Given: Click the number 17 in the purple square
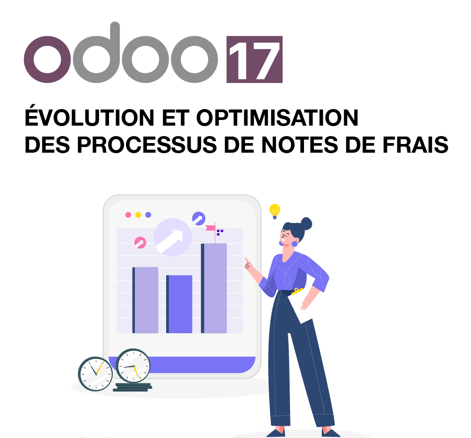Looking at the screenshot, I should (x=254, y=60).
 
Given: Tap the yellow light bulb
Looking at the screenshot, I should (x=274, y=210).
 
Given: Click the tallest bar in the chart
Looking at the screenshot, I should (x=214, y=288).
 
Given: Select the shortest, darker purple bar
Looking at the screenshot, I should (x=180, y=304).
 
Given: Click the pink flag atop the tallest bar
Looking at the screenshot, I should (x=210, y=227).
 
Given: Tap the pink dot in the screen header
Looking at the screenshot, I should (x=128, y=215).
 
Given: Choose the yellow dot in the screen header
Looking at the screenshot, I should (x=138, y=215).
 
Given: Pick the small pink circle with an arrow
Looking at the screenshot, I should (x=140, y=243).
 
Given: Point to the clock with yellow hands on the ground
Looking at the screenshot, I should (x=95, y=374).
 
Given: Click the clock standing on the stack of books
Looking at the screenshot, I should (x=133, y=366).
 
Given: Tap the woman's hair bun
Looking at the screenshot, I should (x=307, y=223).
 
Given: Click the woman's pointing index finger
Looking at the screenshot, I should (x=247, y=261).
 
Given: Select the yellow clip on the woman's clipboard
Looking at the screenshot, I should (x=298, y=291).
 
